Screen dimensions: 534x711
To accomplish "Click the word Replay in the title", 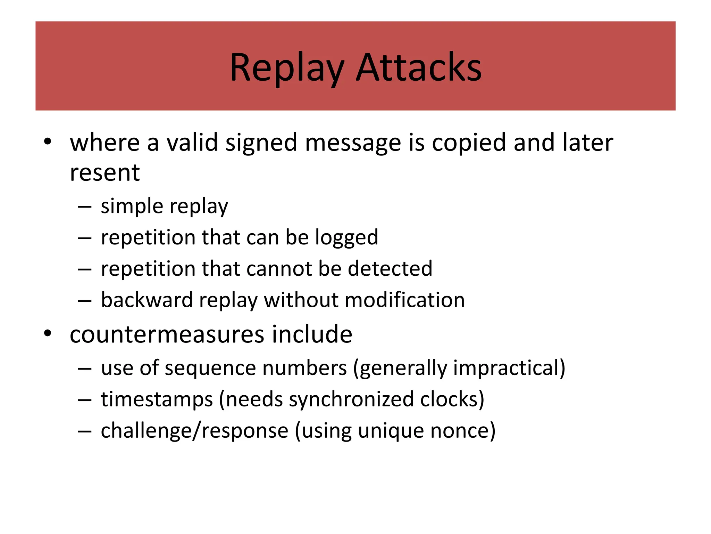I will (287, 68).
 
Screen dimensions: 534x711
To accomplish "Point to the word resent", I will (104, 173).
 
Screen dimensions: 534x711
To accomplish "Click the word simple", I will (132, 207).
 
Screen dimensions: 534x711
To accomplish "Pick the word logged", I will (346, 238).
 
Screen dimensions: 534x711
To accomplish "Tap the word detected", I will (390, 269).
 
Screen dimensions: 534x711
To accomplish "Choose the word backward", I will (147, 300).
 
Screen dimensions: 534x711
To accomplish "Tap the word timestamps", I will (157, 399).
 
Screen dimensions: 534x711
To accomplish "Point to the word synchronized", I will (351, 399).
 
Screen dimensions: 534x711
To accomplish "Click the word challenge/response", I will (194, 431).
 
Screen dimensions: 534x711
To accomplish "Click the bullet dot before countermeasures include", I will (48, 333).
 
